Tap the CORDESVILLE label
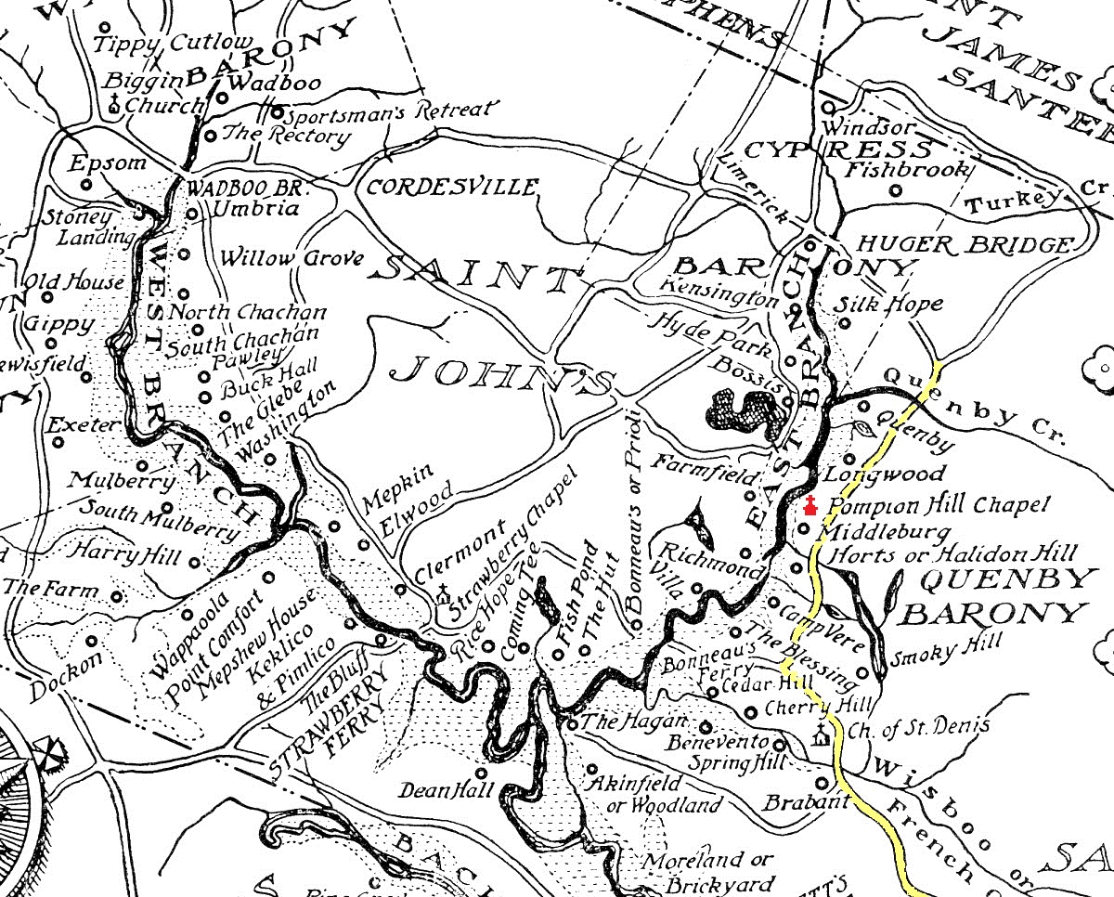pyautogui.click(x=452, y=187)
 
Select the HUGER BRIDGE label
pyautogui.click(x=963, y=245)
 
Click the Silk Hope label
pyautogui.click(x=888, y=304)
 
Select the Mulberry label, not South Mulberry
pyautogui.click(x=108, y=481)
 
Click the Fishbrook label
pyautogui.click(x=907, y=170)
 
